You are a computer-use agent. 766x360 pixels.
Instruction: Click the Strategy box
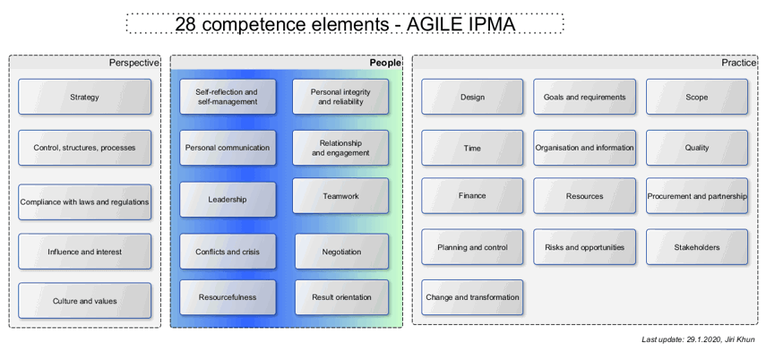84,97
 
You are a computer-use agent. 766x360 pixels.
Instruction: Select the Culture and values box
84,301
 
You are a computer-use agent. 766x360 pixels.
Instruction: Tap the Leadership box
228,199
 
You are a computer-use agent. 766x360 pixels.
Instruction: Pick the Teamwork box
340,196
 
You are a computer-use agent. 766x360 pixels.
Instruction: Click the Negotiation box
341,252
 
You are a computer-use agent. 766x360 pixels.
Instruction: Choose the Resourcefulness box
228,297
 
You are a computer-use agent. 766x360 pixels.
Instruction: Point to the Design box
472,97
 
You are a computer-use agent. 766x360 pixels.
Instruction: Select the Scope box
696,97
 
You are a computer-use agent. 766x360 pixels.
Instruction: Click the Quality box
696,148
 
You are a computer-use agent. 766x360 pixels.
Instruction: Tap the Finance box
472,196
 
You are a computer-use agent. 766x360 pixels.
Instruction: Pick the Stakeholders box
696,247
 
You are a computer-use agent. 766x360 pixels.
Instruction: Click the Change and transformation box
472,297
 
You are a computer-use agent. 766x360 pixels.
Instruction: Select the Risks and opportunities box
584,247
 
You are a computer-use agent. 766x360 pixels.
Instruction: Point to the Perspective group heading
134,63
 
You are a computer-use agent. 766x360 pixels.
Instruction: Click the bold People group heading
385,63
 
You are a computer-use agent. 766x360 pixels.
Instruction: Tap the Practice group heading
739,63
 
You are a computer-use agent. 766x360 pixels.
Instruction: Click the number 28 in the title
186,24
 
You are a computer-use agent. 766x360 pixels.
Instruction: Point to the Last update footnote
698,339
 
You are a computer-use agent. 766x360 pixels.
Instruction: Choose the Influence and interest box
84,252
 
